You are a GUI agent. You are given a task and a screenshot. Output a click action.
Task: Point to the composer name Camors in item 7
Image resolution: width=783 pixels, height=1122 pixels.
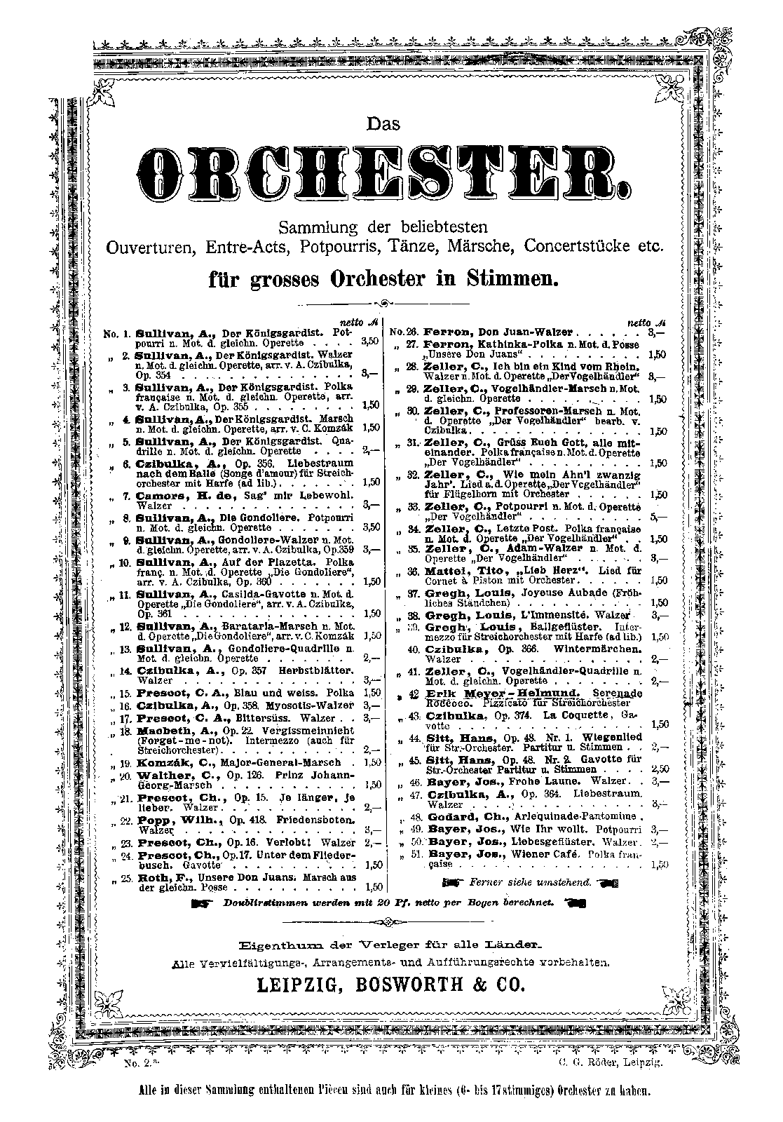tap(161, 495)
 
